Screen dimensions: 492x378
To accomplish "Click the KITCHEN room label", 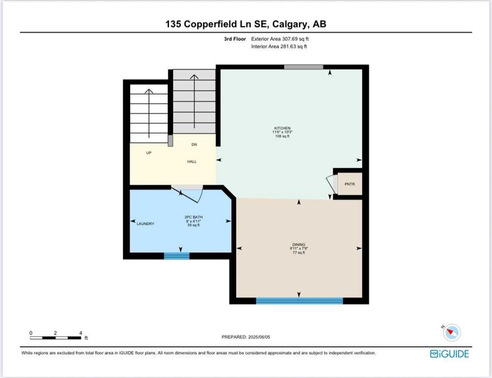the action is tap(282, 128).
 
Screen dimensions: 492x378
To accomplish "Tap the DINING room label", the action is tap(299, 244).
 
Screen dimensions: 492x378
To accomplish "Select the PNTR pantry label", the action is tap(350, 184).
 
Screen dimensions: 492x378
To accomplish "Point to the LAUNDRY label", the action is tap(145, 223).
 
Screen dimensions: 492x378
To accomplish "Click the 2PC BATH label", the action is tap(193, 217).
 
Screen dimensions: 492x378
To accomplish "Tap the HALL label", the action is tap(192, 161).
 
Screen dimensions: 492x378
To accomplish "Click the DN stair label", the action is tap(194, 145).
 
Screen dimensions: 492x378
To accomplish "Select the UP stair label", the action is tap(149, 153).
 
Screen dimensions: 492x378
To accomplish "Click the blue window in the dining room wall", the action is tap(299, 301).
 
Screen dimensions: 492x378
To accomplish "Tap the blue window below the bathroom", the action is tap(177, 256).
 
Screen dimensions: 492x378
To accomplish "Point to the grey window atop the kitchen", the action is tap(304, 67).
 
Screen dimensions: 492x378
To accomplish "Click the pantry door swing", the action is tap(331, 184).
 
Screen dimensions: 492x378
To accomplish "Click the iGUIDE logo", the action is tap(449, 354).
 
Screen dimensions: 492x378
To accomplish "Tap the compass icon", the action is tap(452, 333).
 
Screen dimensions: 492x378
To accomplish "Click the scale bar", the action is tap(56, 338).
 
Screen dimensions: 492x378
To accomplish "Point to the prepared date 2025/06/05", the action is tap(259, 337).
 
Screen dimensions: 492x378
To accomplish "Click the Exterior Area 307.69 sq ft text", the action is tap(280, 39).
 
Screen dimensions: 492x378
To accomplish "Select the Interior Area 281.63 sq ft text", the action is tap(279, 46).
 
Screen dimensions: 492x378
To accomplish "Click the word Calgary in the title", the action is tap(290, 24).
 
